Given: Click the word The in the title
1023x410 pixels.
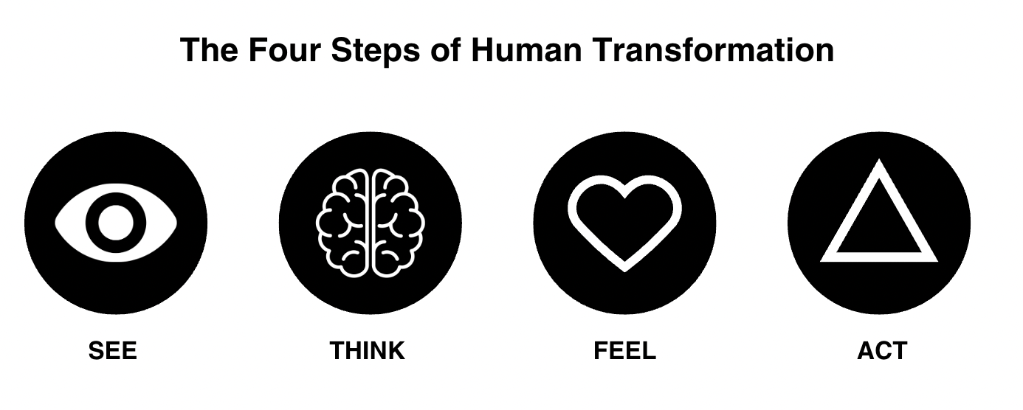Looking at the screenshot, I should pos(208,50).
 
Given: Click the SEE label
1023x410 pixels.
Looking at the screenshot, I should pos(113,350).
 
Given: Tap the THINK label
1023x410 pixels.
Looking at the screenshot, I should pos(368,350).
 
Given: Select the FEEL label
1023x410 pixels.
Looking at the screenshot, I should pos(624,350).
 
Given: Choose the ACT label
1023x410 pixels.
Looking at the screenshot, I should pos(881,350).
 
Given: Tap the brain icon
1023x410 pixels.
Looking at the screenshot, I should pos(371,223).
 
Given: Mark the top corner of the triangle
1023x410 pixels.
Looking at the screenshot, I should pos(878,164).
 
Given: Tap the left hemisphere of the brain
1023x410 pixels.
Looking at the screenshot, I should pos(344,223).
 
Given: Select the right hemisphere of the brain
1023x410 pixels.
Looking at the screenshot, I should pos(398,223).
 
